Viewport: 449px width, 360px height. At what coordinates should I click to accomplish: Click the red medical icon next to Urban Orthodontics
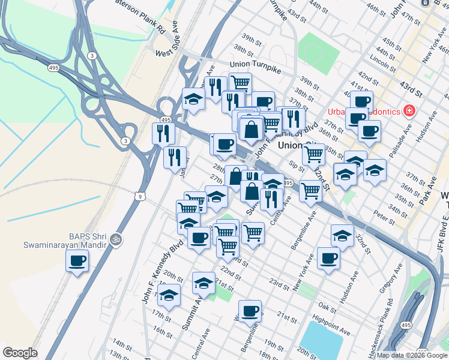(409, 110)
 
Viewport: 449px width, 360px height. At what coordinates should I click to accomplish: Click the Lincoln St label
(380, 62)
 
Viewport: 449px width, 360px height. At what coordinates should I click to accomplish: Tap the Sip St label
(295, 164)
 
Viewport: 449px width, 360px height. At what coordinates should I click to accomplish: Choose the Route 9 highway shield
(140, 196)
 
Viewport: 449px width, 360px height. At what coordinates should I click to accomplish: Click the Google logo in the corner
(20, 353)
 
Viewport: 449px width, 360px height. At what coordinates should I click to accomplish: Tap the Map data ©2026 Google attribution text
(411, 355)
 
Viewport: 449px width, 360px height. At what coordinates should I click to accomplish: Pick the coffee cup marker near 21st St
(251, 311)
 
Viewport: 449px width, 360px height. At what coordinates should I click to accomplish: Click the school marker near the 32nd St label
(342, 236)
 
